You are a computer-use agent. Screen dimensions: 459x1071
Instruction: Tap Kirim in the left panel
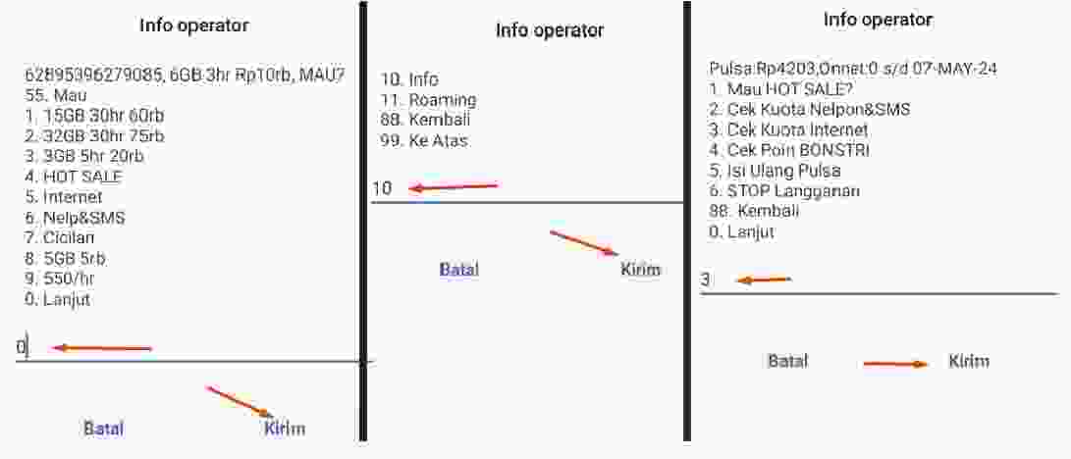coord(285,428)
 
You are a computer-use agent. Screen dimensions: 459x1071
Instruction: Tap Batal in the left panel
coord(103,428)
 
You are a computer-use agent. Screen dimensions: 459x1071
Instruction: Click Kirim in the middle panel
coord(641,269)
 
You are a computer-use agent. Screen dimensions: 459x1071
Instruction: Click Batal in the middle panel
coord(459,269)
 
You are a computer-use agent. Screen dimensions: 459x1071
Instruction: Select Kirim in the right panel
coord(969,361)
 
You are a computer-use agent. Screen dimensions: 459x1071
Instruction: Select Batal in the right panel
coord(787,361)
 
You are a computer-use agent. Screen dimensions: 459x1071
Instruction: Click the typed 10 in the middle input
coord(382,188)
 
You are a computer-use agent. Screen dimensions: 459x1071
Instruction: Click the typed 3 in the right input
coord(706,280)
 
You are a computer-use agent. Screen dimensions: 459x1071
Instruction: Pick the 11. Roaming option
coord(429,99)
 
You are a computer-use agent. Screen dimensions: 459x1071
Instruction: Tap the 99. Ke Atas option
coord(425,140)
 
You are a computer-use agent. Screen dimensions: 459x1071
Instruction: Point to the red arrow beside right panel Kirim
coord(895,364)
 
